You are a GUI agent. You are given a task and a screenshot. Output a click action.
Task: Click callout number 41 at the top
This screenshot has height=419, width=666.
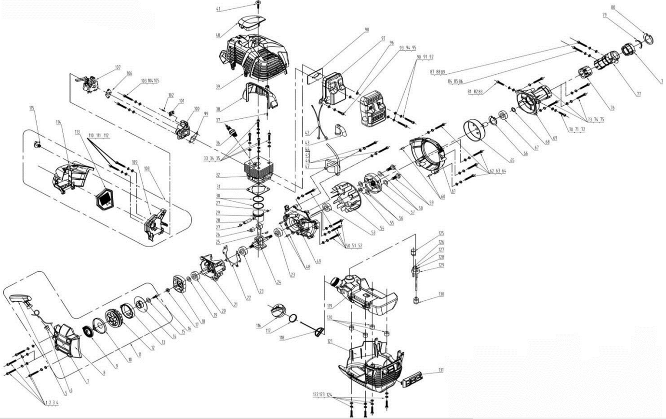coord(218,9)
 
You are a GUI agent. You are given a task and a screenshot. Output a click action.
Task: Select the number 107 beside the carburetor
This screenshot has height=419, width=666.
coord(118,67)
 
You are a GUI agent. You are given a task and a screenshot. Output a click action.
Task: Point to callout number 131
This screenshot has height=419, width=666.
coord(440,371)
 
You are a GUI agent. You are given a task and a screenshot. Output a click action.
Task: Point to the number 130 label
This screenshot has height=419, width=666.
coord(441,294)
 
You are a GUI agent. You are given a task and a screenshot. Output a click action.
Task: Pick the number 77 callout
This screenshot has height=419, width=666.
coord(638,95)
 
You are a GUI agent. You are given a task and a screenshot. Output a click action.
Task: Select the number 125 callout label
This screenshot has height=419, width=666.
coord(441,234)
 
